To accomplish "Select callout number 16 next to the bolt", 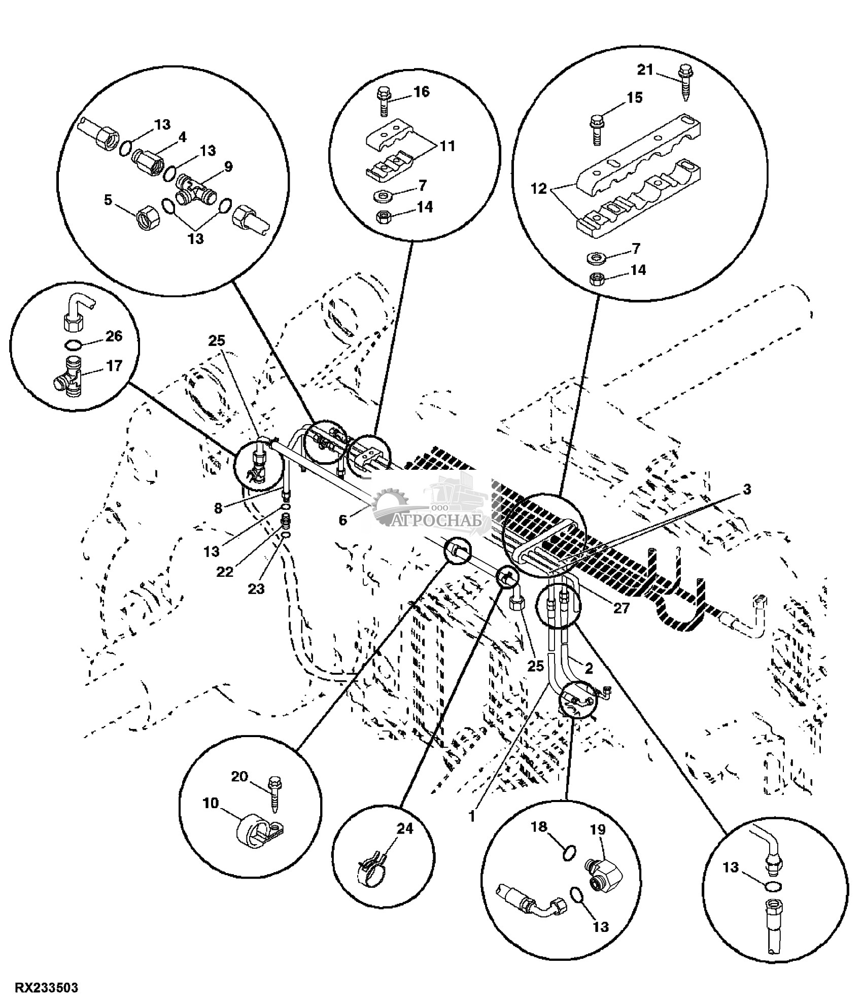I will coord(421,92).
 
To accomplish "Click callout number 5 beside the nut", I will coord(108,200).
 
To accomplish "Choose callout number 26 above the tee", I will coord(114,336).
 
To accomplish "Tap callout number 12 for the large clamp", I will coord(539,189).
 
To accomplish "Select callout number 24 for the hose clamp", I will coord(405,828).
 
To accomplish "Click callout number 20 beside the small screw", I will coord(240,776).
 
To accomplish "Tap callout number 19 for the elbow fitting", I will coord(598,829).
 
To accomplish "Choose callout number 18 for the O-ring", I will coord(540,827).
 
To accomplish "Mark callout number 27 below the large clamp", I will coord(622,608).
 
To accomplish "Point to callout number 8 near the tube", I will coord(218,508).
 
